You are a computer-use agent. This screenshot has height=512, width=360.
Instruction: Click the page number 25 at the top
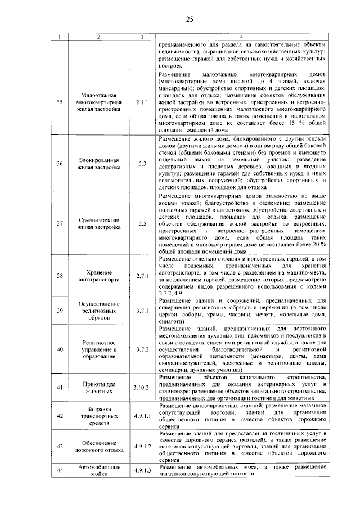(190, 21)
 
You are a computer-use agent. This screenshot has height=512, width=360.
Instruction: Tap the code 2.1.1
(141, 102)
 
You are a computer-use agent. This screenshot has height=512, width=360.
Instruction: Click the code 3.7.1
(141, 311)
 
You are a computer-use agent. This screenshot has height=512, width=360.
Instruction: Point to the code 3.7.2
(141, 349)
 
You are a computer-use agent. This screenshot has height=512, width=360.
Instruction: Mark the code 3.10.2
(141, 388)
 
